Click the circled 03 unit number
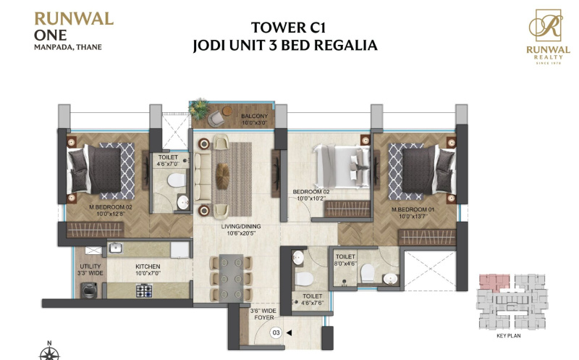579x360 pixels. [x=276, y=332]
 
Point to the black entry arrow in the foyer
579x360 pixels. [x=289, y=332]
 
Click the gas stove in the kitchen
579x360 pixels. [x=144, y=290]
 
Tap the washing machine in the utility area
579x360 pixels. [x=89, y=290]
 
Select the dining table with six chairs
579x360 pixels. [x=231, y=277]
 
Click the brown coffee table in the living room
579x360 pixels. [x=223, y=176]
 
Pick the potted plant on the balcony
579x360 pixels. [x=198, y=109]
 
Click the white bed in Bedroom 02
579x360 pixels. [x=341, y=167]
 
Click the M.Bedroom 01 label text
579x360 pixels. [x=413, y=209]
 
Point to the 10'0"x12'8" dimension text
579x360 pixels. [x=111, y=214]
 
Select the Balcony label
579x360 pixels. [x=255, y=116]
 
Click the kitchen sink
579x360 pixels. [x=116, y=248]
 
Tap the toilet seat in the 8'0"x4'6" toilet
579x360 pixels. [x=368, y=273]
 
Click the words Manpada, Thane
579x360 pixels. [x=68, y=47]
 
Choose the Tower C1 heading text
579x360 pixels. [x=288, y=28]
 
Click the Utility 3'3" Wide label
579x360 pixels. [x=90, y=269]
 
